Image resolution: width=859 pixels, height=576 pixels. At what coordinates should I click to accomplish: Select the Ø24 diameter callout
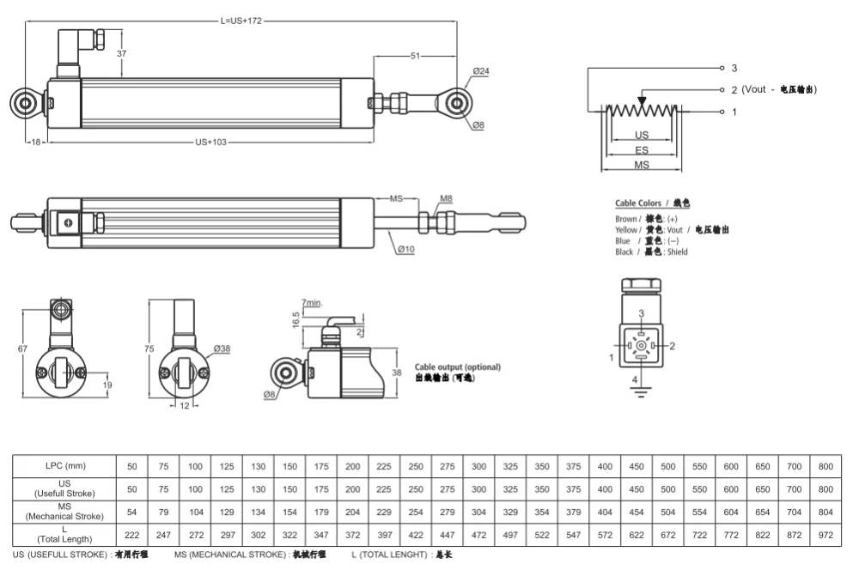click(x=480, y=71)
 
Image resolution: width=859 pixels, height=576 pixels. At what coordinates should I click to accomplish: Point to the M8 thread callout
click(x=446, y=199)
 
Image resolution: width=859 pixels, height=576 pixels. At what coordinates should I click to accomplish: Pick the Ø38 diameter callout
click(x=222, y=349)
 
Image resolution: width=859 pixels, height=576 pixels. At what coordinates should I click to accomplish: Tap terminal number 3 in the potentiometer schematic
click(x=734, y=68)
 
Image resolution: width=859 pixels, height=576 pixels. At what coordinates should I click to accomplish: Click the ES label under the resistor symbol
click(x=642, y=149)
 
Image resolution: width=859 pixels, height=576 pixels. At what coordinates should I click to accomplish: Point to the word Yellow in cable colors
click(x=626, y=230)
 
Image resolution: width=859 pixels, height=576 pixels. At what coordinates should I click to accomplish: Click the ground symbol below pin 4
click(x=637, y=393)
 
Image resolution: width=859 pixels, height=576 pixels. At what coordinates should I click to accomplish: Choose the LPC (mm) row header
click(x=64, y=465)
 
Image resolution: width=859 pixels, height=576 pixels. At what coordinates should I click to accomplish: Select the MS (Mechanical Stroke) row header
click(x=64, y=512)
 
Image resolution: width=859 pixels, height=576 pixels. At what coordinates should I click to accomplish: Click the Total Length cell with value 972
click(x=825, y=535)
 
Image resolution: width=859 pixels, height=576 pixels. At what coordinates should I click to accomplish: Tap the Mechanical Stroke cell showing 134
click(x=259, y=512)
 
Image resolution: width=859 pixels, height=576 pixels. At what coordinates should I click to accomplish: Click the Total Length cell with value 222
click(x=132, y=535)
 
